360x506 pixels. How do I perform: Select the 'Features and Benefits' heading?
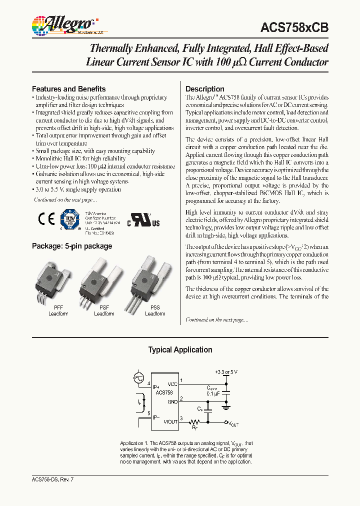(x=68, y=88)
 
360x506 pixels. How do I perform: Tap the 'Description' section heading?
(x=204, y=89)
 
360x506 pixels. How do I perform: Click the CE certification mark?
(x=46, y=219)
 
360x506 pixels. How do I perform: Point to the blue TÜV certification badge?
(x=69, y=218)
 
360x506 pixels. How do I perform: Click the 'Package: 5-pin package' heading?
(x=71, y=246)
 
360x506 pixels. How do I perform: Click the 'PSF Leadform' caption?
(x=104, y=311)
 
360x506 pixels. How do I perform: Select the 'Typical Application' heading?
(x=180, y=350)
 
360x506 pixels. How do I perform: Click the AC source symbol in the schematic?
(x=138, y=378)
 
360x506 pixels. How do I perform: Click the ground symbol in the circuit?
(x=226, y=405)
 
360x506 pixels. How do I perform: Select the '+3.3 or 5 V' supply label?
(x=226, y=372)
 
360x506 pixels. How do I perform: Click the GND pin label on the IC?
(x=172, y=401)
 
